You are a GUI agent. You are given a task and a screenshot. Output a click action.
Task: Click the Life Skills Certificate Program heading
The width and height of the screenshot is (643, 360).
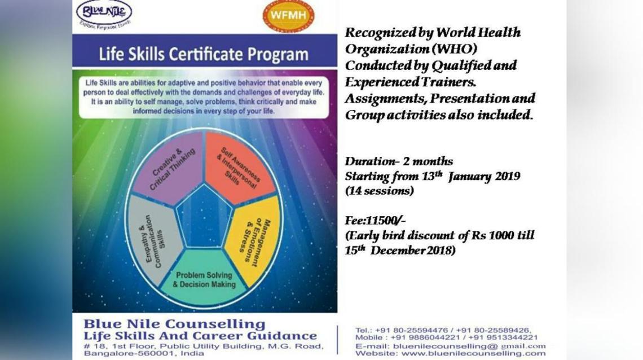coord(204,55)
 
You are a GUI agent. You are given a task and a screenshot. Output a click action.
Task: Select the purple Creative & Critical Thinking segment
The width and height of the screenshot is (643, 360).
coord(169,166)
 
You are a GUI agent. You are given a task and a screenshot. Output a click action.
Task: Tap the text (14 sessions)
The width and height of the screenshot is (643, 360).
coord(379,191)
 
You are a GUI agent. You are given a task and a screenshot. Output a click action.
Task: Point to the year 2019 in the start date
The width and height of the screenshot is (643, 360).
coord(505,176)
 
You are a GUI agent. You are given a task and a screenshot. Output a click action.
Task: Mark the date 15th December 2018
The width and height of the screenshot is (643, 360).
coord(400,250)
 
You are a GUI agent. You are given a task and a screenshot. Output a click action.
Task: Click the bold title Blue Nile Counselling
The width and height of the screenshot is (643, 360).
coord(174,324)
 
